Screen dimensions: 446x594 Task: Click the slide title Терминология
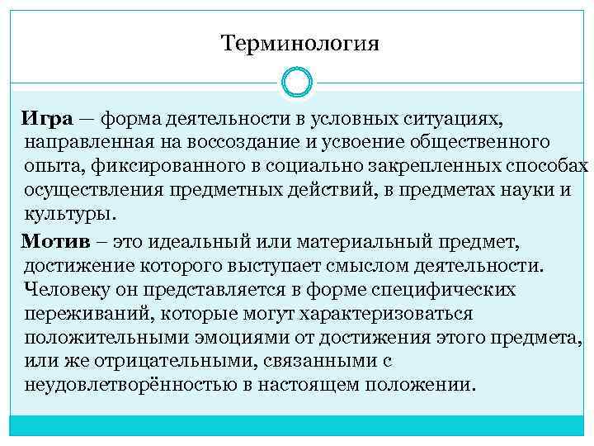click(x=299, y=42)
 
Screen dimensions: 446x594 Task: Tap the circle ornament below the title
click(x=296, y=82)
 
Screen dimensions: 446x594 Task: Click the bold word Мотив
click(x=54, y=241)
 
